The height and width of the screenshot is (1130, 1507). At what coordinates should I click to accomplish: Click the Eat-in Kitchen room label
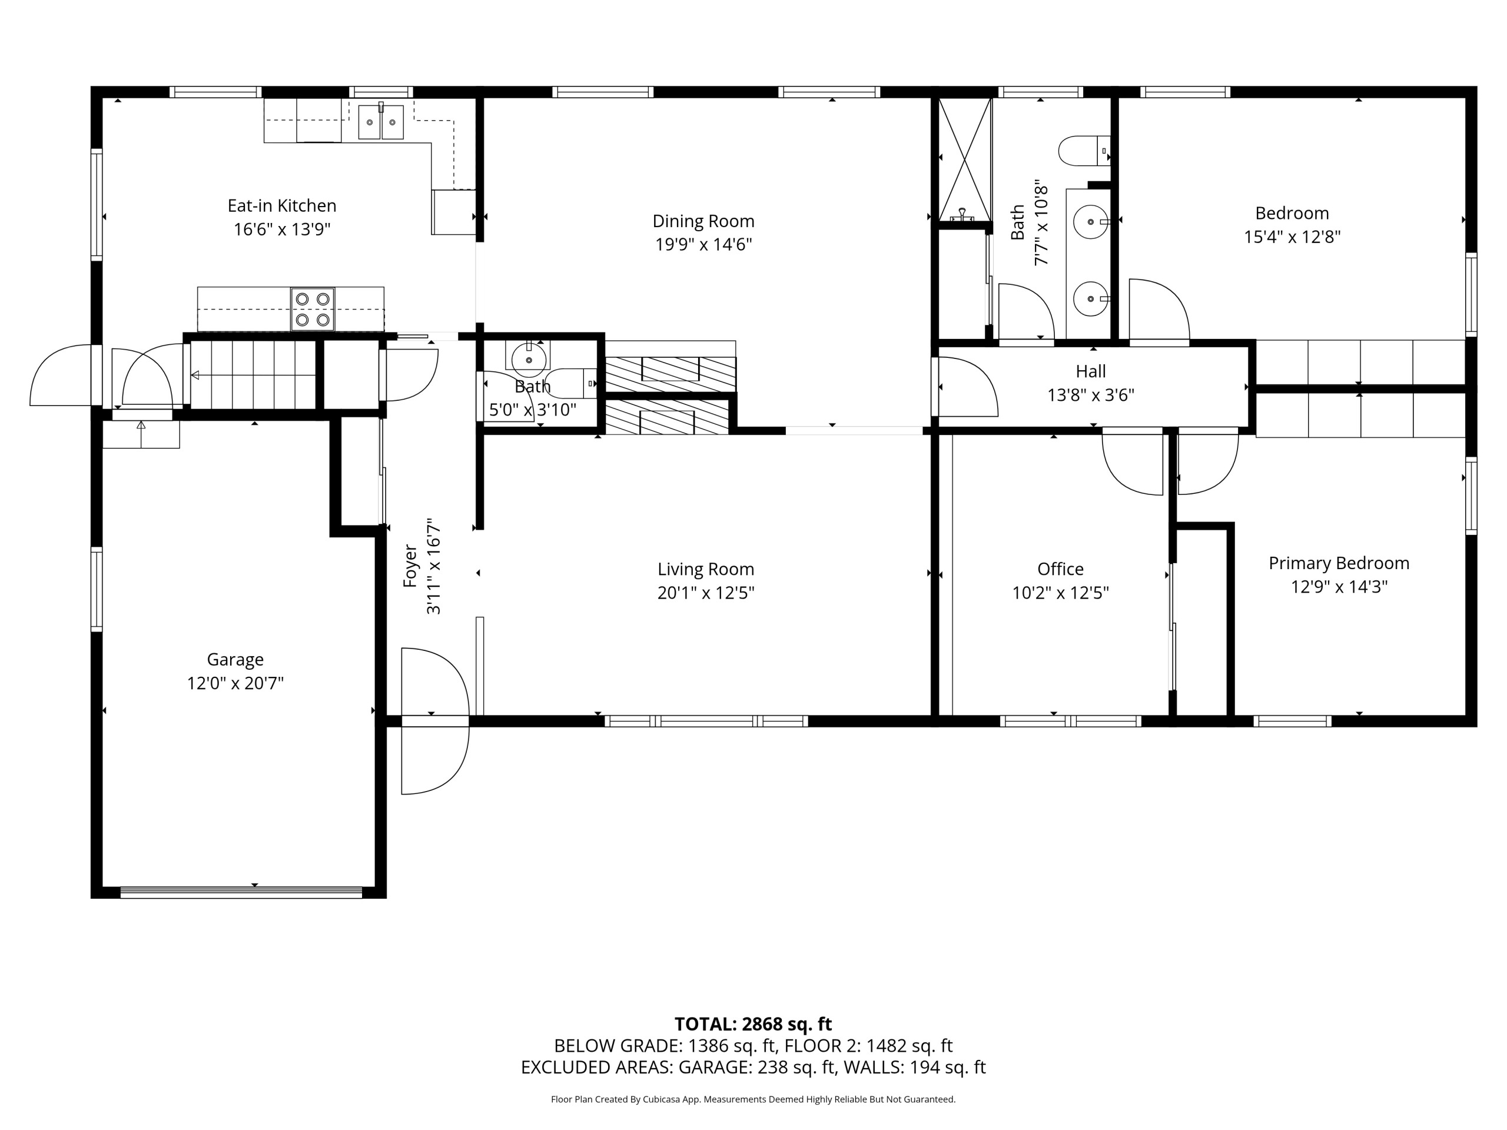(x=282, y=206)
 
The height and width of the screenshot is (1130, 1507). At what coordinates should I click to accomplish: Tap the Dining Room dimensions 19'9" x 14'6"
(x=704, y=244)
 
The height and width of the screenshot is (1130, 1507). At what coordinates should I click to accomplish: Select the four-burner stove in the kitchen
(x=313, y=309)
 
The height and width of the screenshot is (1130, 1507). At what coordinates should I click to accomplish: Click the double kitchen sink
(x=381, y=122)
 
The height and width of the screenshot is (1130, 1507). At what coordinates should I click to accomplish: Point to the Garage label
(x=235, y=659)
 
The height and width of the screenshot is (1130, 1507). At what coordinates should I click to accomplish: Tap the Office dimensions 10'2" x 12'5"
(x=1061, y=593)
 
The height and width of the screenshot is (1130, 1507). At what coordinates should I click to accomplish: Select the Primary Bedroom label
(x=1339, y=563)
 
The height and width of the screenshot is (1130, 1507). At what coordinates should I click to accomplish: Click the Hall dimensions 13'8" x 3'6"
(x=1091, y=395)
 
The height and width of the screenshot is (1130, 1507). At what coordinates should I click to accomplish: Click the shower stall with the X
(x=965, y=159)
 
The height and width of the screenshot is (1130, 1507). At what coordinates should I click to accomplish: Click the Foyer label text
(x=410, y=566)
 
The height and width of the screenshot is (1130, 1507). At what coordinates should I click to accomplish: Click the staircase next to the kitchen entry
(x=253, y=375)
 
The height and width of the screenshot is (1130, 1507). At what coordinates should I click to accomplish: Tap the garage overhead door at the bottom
(x=241, y=892)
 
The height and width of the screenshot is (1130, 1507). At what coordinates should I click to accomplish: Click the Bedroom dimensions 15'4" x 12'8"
(x=1292, y=237)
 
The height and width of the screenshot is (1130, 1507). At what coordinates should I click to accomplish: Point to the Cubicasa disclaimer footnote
(x=753, y=1099)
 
